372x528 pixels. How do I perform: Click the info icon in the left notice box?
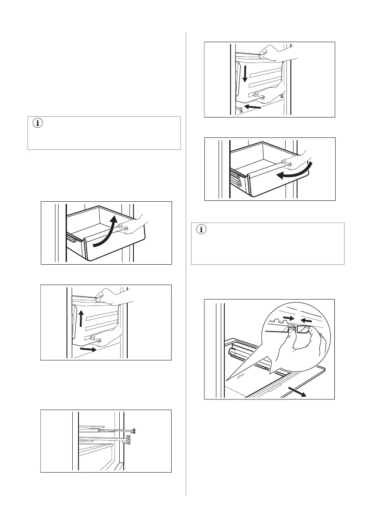click(37, 124)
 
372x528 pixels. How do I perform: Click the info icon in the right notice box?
click(202, 230)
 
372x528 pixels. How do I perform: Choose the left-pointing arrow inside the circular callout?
click(305, 319)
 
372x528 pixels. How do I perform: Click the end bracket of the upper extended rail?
click(133, 430)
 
